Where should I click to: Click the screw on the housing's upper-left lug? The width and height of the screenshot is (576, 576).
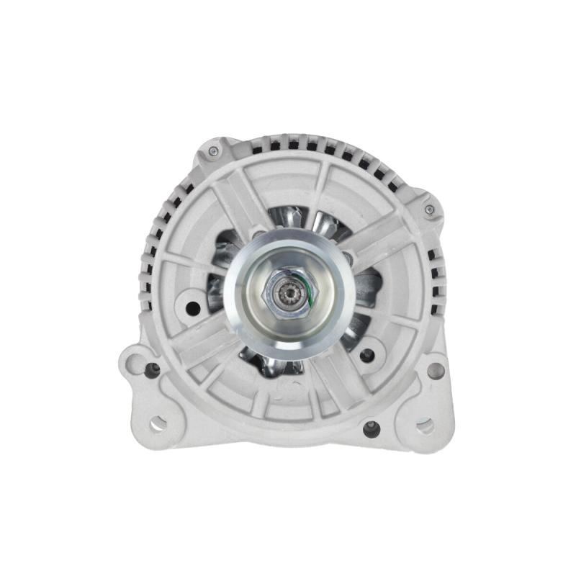coord(213,151)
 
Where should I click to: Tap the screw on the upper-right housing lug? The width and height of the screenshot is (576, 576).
coord(429,210)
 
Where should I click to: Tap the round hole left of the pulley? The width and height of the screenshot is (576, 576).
coord(192,307)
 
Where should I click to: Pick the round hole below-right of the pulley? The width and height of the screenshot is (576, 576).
coord(367,354)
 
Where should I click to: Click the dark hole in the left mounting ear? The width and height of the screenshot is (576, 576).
coord(151,369)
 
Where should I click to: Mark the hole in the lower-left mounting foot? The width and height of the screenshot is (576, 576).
coord(158,423)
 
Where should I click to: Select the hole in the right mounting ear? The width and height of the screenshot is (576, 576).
coord(434,369)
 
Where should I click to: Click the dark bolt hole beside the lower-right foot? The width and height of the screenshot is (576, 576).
coord(372,429)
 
